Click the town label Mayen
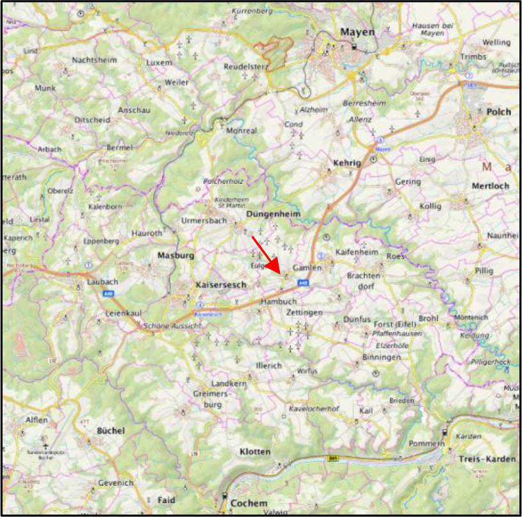[x=357, y=32]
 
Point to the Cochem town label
[x=249, y=503]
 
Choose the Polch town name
[x=498, y=111]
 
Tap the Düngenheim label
[x=273, y=214]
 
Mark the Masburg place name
[x=175, y=255]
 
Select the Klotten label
[x=255, y=452]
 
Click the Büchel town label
[x=111, y=431]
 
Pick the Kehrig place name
[x=348, y=163]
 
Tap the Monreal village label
[x=241, y=130]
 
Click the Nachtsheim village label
[x=95, y=60]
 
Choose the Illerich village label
[x=269, y=365]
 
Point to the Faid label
[x=166, y=499]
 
